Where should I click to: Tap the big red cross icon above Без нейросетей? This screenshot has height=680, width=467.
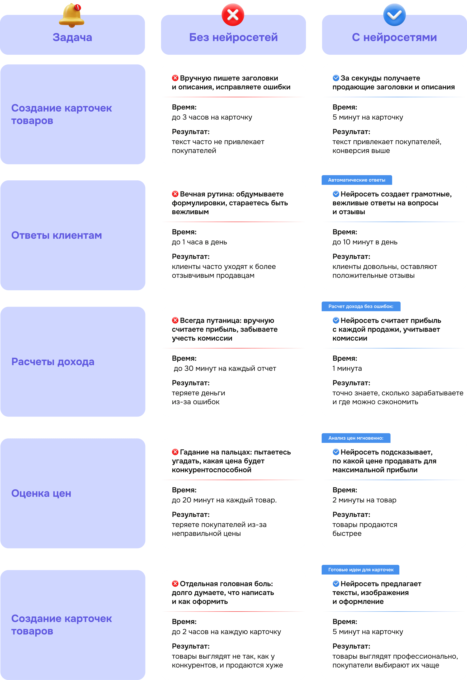tap(233, 15)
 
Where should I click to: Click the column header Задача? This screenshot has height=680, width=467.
tap(72, 37)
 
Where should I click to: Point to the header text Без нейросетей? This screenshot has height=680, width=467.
tap(233, 37)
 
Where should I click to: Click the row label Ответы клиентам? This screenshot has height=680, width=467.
tap(56, 235)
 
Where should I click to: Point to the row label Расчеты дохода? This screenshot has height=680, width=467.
tap(53, 362)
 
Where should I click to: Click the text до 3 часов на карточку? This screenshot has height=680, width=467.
tap(212, 117)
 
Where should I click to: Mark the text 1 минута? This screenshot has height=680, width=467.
tap(347, 368)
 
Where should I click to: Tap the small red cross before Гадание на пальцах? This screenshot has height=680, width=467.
tap(175, 452)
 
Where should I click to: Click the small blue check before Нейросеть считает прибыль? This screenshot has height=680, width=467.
tap(336, 320)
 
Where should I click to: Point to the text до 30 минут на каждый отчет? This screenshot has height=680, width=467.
tap(225, 368)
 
